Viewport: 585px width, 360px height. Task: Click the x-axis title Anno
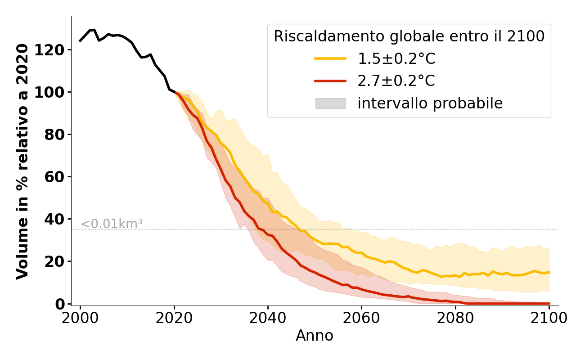click(315, 336)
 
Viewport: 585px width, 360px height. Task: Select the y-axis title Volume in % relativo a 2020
click(22, 161)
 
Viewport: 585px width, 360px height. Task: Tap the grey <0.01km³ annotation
click(112, 224)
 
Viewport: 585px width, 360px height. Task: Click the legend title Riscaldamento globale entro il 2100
click(409, 36)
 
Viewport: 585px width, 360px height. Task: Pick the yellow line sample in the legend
click(330, 58)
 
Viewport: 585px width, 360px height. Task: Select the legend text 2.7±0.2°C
click(396, 81)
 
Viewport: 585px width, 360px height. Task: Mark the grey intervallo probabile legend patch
click(330, 103)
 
